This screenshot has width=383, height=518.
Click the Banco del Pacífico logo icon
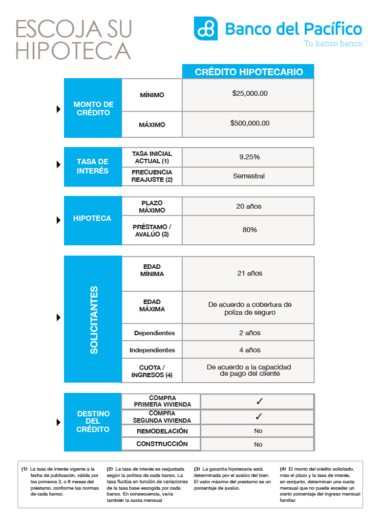(206, 28)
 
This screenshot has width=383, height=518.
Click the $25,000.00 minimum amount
(250, 93)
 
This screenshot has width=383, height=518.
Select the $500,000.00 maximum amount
(250, 123)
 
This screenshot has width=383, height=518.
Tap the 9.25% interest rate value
(249, 157)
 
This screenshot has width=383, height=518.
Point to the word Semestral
(249, 176)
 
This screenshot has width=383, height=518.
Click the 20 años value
(249, 206)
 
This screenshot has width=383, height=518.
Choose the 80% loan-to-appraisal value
(249, 230)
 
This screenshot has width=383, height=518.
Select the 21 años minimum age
(250, 273)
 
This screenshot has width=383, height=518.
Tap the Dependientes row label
(154, 333)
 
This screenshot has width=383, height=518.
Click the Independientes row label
(152, 350)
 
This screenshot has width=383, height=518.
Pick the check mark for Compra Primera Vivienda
(259, 401)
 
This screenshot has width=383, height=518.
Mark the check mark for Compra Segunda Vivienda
(259, 417)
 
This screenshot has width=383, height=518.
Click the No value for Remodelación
(258, 431)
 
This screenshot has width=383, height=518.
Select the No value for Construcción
(258, 445)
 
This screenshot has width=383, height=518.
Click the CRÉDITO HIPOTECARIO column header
(249, 72)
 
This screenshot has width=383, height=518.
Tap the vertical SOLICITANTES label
(94, 320)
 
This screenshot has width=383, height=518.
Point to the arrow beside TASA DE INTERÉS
(59, 165)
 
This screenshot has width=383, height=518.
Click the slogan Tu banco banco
(333, 43)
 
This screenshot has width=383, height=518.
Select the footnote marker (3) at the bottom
(197, 469)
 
